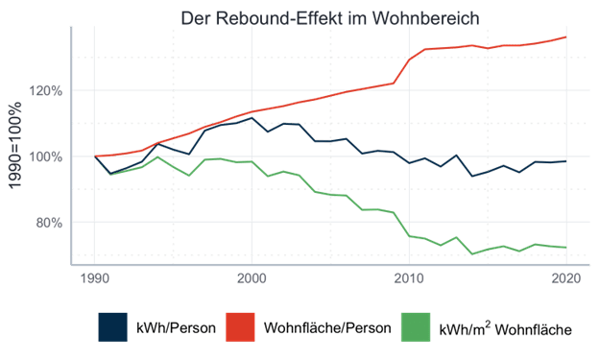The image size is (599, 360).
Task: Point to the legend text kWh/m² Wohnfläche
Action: [506, 328]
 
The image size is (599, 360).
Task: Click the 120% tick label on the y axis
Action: [45, 92]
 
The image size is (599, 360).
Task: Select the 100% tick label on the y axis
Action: [45, 156]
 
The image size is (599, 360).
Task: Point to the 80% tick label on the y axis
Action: [48, 222]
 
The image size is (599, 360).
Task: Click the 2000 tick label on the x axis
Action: [251, 279]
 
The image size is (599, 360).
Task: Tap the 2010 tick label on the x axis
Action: [408, 279]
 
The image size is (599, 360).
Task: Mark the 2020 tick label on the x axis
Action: [565, 279]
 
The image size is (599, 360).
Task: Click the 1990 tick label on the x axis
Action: [94, 279]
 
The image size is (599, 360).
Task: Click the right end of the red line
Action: [566, 36]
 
